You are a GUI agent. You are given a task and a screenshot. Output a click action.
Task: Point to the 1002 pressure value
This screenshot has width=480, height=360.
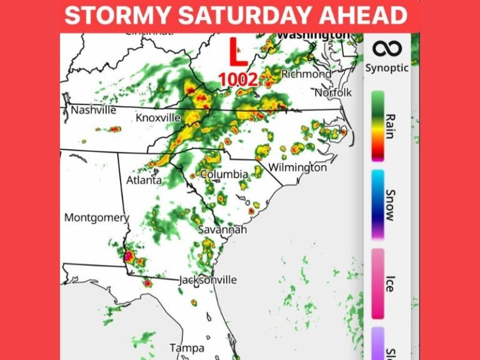click(x=237, y=79)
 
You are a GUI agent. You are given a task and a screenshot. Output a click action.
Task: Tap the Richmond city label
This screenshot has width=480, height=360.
click(x=306, y=74)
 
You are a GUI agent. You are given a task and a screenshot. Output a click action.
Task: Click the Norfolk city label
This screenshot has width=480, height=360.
click(x=333, y=92)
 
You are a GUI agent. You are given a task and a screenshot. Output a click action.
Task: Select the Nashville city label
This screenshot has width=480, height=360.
click(x=94, y=110)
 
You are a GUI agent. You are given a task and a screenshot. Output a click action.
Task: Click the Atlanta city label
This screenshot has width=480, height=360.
click(x=144, y=180)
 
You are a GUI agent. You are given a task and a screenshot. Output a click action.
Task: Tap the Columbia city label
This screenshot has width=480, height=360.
click(x=224, y=174)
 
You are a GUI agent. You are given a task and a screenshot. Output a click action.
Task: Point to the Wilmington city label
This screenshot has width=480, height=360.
click(x=297, y=167)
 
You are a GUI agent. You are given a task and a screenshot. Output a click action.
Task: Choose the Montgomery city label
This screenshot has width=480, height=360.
click(x=96, y=217)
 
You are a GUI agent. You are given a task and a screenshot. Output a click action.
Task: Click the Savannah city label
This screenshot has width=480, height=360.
click(x=222, y=230)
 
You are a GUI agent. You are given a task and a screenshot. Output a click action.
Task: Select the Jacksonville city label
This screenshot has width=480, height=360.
click(x=208, y=279)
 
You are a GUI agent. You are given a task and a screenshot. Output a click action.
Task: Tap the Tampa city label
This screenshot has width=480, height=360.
click(x=186, y=347)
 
